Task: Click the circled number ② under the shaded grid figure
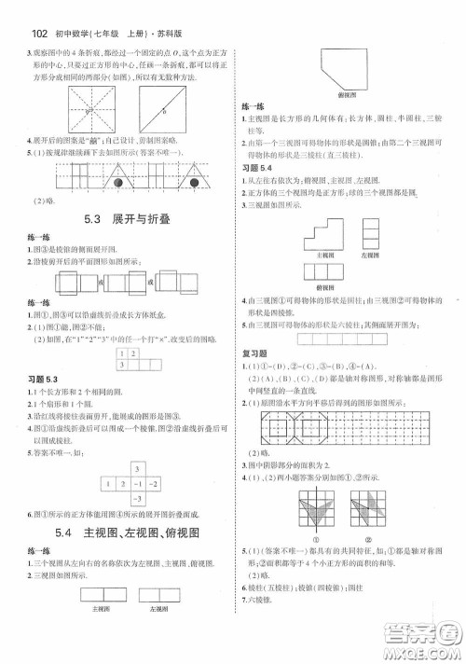click(x=369, y=537)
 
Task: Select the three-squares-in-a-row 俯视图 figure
click(x=323, y=273)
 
